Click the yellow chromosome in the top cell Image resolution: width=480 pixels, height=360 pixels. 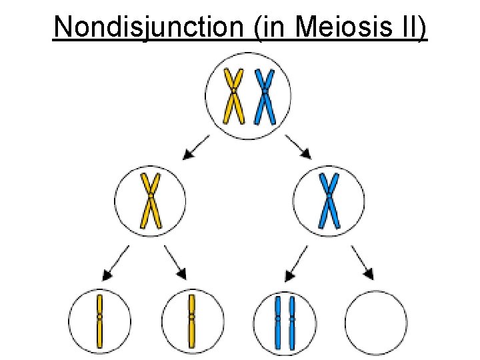233,97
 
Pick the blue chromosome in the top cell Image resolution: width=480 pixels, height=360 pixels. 265,97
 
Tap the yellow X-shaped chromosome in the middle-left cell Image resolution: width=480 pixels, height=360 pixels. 151,200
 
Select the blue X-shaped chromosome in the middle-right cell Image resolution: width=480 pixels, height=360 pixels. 329,200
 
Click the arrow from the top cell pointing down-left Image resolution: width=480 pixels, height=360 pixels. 195,147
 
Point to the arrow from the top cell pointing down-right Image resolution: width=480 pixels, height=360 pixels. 299,147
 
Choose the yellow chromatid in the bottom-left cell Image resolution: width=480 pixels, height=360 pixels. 99,321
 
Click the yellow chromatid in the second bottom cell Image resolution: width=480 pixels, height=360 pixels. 191,321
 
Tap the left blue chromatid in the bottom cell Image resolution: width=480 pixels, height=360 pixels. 278,323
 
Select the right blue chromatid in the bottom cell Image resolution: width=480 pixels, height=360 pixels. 293,323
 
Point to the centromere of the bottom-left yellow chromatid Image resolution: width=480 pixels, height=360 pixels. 99,316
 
